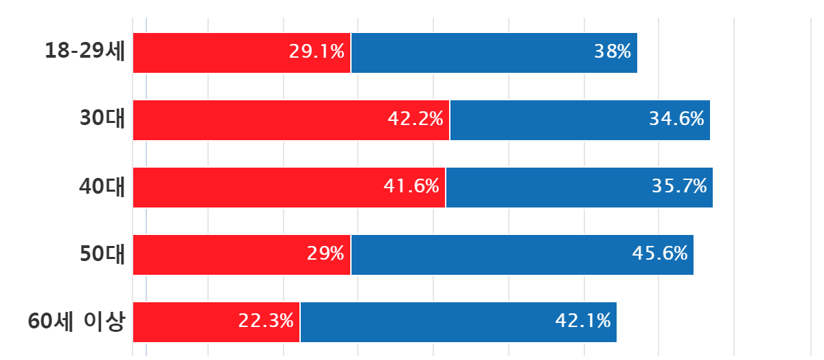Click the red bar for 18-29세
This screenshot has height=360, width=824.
[x=242, y=52]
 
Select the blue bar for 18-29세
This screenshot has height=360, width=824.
[x=494, y=52]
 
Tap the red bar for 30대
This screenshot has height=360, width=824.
[x=291, y=120]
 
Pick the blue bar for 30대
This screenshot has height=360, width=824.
[x=580, y=120]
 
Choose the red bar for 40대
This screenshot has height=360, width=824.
[x=289, y=187]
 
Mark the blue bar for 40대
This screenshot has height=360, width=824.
[x=580, y=187]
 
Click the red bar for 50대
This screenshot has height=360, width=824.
[x=242, y=254]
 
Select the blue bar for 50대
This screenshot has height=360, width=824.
[x=523, y=254]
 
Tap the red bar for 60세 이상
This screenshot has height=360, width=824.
[x=216, y=322]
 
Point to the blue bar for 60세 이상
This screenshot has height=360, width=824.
[x=459, y=322]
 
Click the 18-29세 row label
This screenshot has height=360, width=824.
[x=85, y=52]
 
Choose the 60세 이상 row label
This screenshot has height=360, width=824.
[x=77, y=322]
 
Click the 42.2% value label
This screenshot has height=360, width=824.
[x=415, y=119]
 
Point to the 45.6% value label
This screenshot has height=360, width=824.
[x=660, y=254]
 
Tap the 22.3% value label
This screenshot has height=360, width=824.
[x=266, y=321]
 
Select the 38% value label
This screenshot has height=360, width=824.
[x=613, y=52]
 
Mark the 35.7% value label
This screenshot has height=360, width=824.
[x=679, y=186]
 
